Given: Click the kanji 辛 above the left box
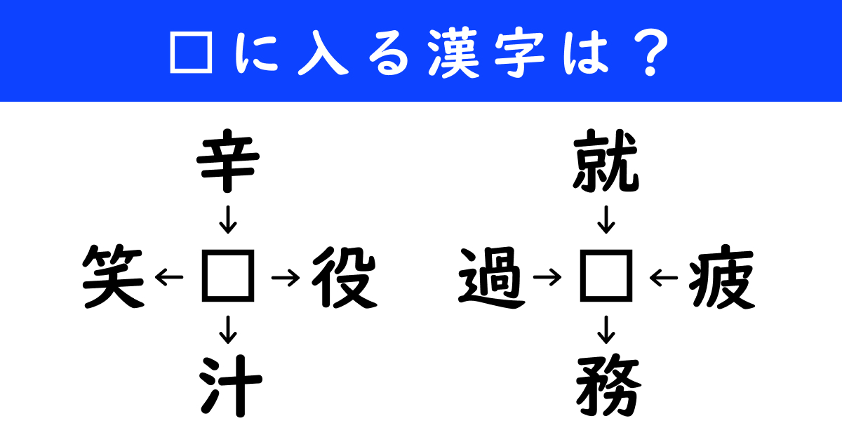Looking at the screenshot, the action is (228, 161).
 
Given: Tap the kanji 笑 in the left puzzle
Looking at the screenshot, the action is (114, 276).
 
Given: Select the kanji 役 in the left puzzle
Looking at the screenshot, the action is (345, 277).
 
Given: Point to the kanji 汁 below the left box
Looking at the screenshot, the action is (230, 386).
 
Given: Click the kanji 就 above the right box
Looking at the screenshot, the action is (606, 161).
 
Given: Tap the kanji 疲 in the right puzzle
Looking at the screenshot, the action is (722, 277).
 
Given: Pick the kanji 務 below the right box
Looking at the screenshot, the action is (608, 387).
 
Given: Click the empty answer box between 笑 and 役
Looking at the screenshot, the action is (228, 276).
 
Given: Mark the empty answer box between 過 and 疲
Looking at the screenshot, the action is (606, 276).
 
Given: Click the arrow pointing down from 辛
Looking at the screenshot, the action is (228, 220).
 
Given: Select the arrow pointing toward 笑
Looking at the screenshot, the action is (169, 278).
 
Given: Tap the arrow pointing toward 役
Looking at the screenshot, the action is (286, 278).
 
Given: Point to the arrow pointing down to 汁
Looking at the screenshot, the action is (228, 330).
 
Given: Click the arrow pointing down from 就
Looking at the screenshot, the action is (606, 220).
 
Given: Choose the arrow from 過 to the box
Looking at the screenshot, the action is (547, 278).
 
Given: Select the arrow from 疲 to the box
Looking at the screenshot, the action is (664, 278).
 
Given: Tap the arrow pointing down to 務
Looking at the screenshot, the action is (606, 330).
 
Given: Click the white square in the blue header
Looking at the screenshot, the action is (192, 52).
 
